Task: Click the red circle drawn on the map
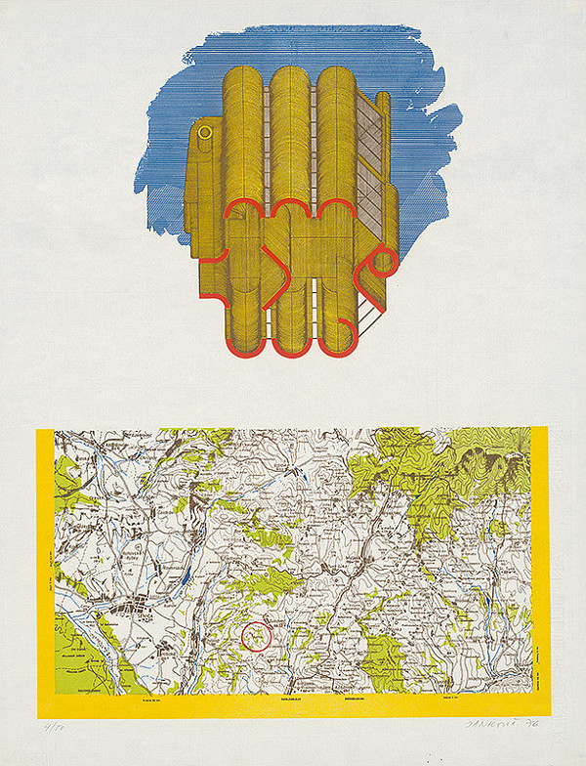click(255, 636)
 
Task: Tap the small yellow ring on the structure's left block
click(205, 131)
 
